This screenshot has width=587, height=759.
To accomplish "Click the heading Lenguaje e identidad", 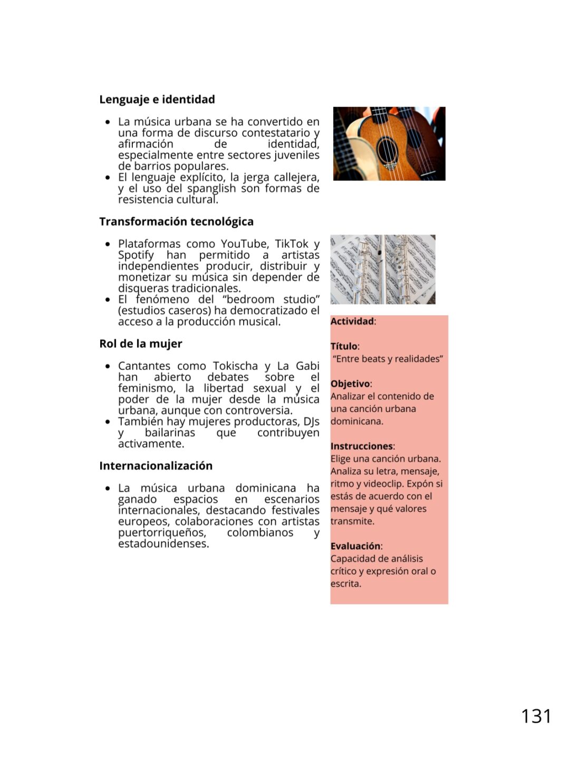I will pos(157,100).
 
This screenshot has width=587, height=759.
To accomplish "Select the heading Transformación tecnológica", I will pos(176,222).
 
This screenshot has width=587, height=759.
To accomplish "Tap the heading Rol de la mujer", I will pos(140,344).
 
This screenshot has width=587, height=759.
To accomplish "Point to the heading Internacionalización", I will pos(156,466).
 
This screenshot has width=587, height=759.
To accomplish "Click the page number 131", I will pos(536,716).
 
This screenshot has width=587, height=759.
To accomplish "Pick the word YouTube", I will pos(244,244).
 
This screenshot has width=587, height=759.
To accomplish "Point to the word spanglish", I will pos(211,189).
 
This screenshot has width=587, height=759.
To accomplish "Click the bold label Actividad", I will pos(352,322).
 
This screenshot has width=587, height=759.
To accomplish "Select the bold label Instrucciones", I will pos(362,446).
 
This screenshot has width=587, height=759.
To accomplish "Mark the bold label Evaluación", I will pos(355,546).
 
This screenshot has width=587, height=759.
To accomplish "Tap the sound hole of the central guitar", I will pos(387,149).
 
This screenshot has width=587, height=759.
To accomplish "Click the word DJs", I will pos(311,422).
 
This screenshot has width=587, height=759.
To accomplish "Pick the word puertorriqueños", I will pos(162,533).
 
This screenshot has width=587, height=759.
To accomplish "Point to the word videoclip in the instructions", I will pos(384,484).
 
